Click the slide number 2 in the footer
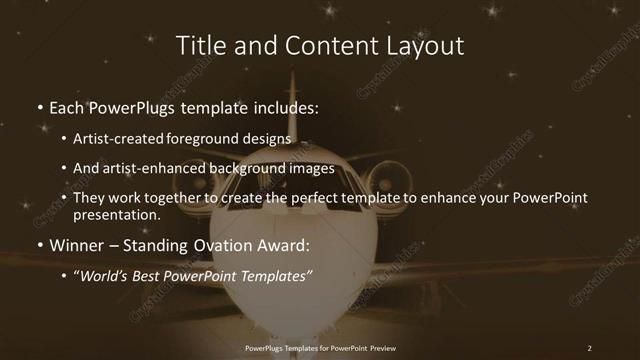pos(589,347)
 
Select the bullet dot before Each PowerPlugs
pos(40,108)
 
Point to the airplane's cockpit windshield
pos(291,210)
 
